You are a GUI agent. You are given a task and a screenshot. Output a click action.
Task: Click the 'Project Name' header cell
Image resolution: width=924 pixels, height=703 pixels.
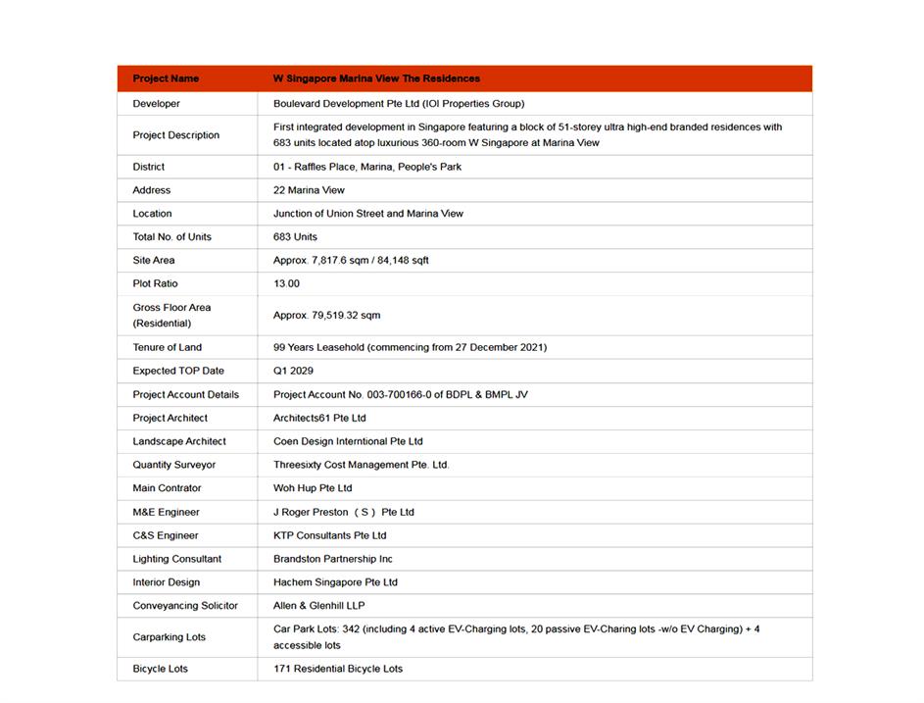pos(166,78)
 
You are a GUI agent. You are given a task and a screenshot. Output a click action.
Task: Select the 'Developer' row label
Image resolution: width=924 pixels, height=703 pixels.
pos(157,104)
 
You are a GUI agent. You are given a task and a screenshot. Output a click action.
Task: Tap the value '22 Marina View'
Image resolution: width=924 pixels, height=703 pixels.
pos(309,190)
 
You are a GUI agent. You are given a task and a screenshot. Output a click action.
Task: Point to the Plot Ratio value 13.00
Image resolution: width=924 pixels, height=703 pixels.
pos(286,283)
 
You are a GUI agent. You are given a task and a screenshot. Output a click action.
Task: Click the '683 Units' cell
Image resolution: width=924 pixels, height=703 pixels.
pos(295,237)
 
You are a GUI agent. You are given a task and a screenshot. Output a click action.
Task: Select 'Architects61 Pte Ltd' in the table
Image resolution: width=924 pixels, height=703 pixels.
pos(319,418)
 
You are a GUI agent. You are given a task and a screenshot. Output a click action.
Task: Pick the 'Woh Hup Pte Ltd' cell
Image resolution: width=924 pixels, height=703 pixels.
pos(313,488)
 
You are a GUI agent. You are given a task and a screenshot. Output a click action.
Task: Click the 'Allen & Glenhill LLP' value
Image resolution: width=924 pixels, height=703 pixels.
pos(319,606)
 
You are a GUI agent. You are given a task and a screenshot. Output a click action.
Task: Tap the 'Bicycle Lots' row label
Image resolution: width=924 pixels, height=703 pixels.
pos(161,669)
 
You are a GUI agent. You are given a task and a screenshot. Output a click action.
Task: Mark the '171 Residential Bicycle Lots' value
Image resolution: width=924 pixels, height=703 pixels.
pos(338,669)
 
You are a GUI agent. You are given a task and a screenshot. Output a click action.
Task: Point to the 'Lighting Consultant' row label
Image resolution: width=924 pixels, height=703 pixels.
pos(177,559)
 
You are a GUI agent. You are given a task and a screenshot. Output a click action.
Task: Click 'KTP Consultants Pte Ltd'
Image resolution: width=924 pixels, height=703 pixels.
pos(330,535)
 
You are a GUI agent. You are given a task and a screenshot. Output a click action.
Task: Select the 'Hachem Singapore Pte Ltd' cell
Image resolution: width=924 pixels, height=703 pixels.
pos(335,582)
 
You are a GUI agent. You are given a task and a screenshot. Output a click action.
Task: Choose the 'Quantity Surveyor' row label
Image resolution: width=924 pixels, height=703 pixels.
pos(174,465)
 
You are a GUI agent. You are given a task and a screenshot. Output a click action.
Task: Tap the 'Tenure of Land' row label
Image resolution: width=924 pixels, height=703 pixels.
pos(168,347)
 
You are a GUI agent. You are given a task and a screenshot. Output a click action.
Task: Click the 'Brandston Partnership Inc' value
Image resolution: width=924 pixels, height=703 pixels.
pos(333,559)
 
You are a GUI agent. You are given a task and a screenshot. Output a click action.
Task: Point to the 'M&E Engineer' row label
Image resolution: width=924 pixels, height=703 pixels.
pos(167,512)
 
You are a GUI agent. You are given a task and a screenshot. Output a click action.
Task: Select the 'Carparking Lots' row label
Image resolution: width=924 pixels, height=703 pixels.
pos(170,637)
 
